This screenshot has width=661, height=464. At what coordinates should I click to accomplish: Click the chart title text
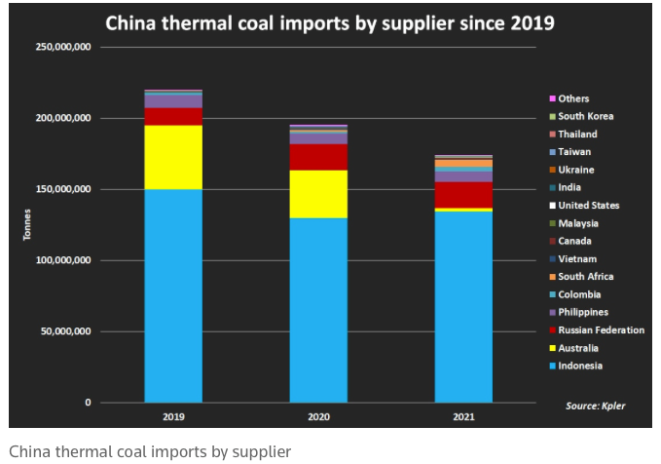[329, 22]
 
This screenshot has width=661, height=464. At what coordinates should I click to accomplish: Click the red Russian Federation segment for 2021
[463, 194]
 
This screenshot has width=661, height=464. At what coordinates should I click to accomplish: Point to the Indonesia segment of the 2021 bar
[463, 306]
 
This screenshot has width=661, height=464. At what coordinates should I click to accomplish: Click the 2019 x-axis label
[173, 416]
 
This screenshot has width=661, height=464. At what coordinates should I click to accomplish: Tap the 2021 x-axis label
[463, 416]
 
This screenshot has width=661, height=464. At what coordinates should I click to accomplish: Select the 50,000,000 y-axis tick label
[65, 331]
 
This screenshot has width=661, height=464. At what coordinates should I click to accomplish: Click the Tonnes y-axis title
[26, 224]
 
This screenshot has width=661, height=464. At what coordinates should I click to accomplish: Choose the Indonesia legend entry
[580, 366]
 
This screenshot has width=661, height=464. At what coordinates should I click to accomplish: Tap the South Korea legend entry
[586, 116]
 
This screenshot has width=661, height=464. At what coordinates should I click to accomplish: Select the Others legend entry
[573, 98]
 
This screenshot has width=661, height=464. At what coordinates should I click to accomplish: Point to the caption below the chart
[150, 451]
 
